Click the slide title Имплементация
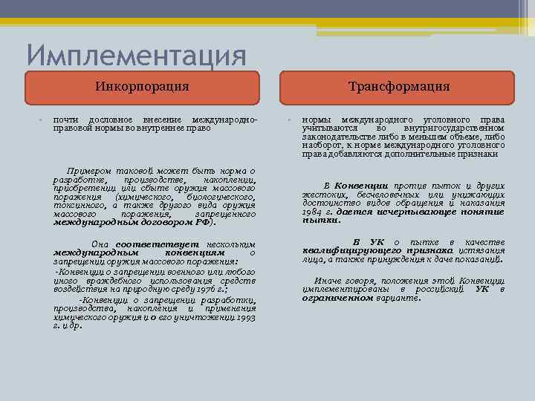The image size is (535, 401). click(x=136, y=56)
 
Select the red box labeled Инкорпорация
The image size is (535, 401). click(x=142, y=87)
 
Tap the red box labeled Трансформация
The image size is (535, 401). click(x=399, y=87)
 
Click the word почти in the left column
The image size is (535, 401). click(x=66, y=120)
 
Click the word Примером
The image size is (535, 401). click(x=90, y=170)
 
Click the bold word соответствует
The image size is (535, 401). click(x=146, y=244)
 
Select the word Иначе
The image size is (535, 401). click(x=327, y=281)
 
